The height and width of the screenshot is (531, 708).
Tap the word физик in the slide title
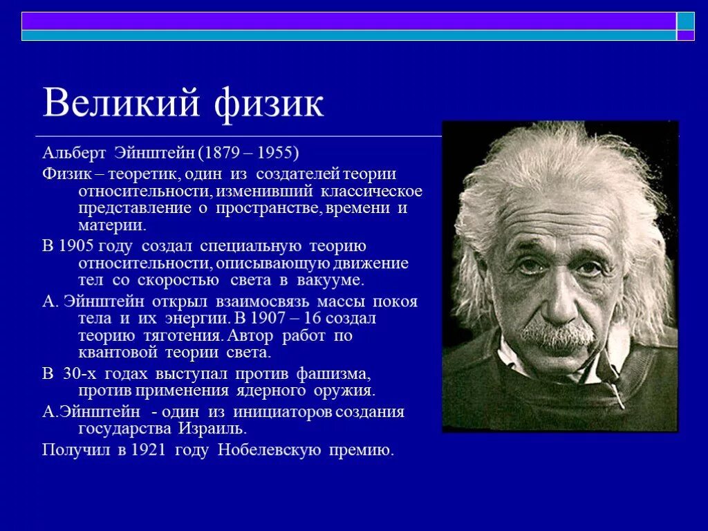(268, 103)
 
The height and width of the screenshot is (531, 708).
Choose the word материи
(111, 225)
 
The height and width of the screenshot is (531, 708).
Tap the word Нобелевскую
(269, 450)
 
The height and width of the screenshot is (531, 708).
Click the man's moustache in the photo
(557, 335)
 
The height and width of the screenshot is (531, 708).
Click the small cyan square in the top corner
(685, 21)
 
